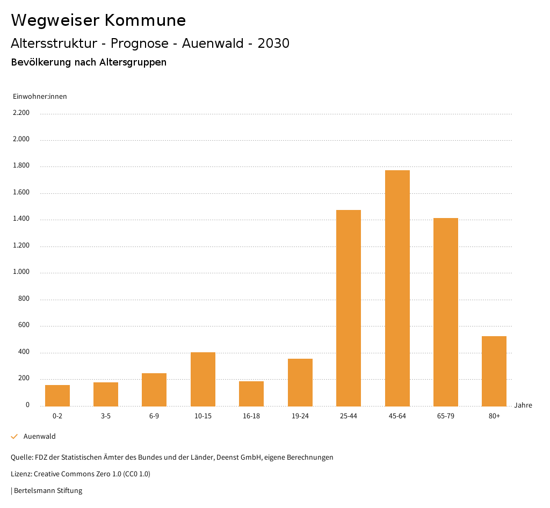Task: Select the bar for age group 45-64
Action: click(x=397, y=288)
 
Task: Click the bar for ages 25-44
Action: click(x=349, y=308)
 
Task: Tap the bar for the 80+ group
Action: click(x=494, y=371)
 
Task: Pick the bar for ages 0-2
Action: click(x=57, y=395)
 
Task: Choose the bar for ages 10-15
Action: click(x=203, y=379)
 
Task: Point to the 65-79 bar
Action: click(x=446, y=312)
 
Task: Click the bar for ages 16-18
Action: click(x=251, y=394)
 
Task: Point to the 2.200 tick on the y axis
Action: click(x=21, y=113)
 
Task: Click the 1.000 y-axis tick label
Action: click(x=21, y=272)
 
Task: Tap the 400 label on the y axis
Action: click(x=24, y=352)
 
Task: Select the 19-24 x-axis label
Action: click(x=300, y=416)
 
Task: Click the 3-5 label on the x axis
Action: click(x=106, y=416)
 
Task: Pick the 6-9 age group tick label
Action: click(x=154, y=416)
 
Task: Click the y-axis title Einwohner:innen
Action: click(x=40, y=97)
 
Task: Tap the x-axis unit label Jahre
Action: click(x=523, y=405)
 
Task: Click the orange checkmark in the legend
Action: click(x=15, y=437)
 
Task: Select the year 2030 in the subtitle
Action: click(x=273, y=43)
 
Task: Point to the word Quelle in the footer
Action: click(x=21, y=458)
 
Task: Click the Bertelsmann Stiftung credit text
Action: click(x=48, y=490)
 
